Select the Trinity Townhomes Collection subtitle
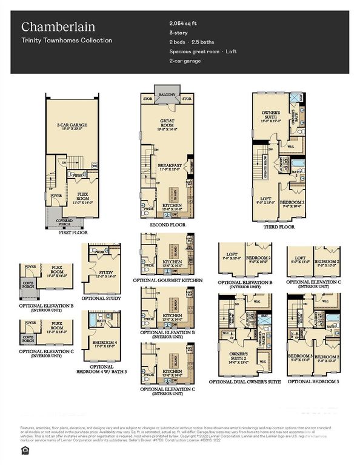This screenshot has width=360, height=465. pos(67,41)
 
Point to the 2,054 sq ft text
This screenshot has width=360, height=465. pos(184,22)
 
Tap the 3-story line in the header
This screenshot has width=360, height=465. pos(178,32)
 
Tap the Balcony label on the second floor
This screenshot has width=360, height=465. pos(168,95)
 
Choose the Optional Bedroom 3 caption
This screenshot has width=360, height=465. pos(313,382)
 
